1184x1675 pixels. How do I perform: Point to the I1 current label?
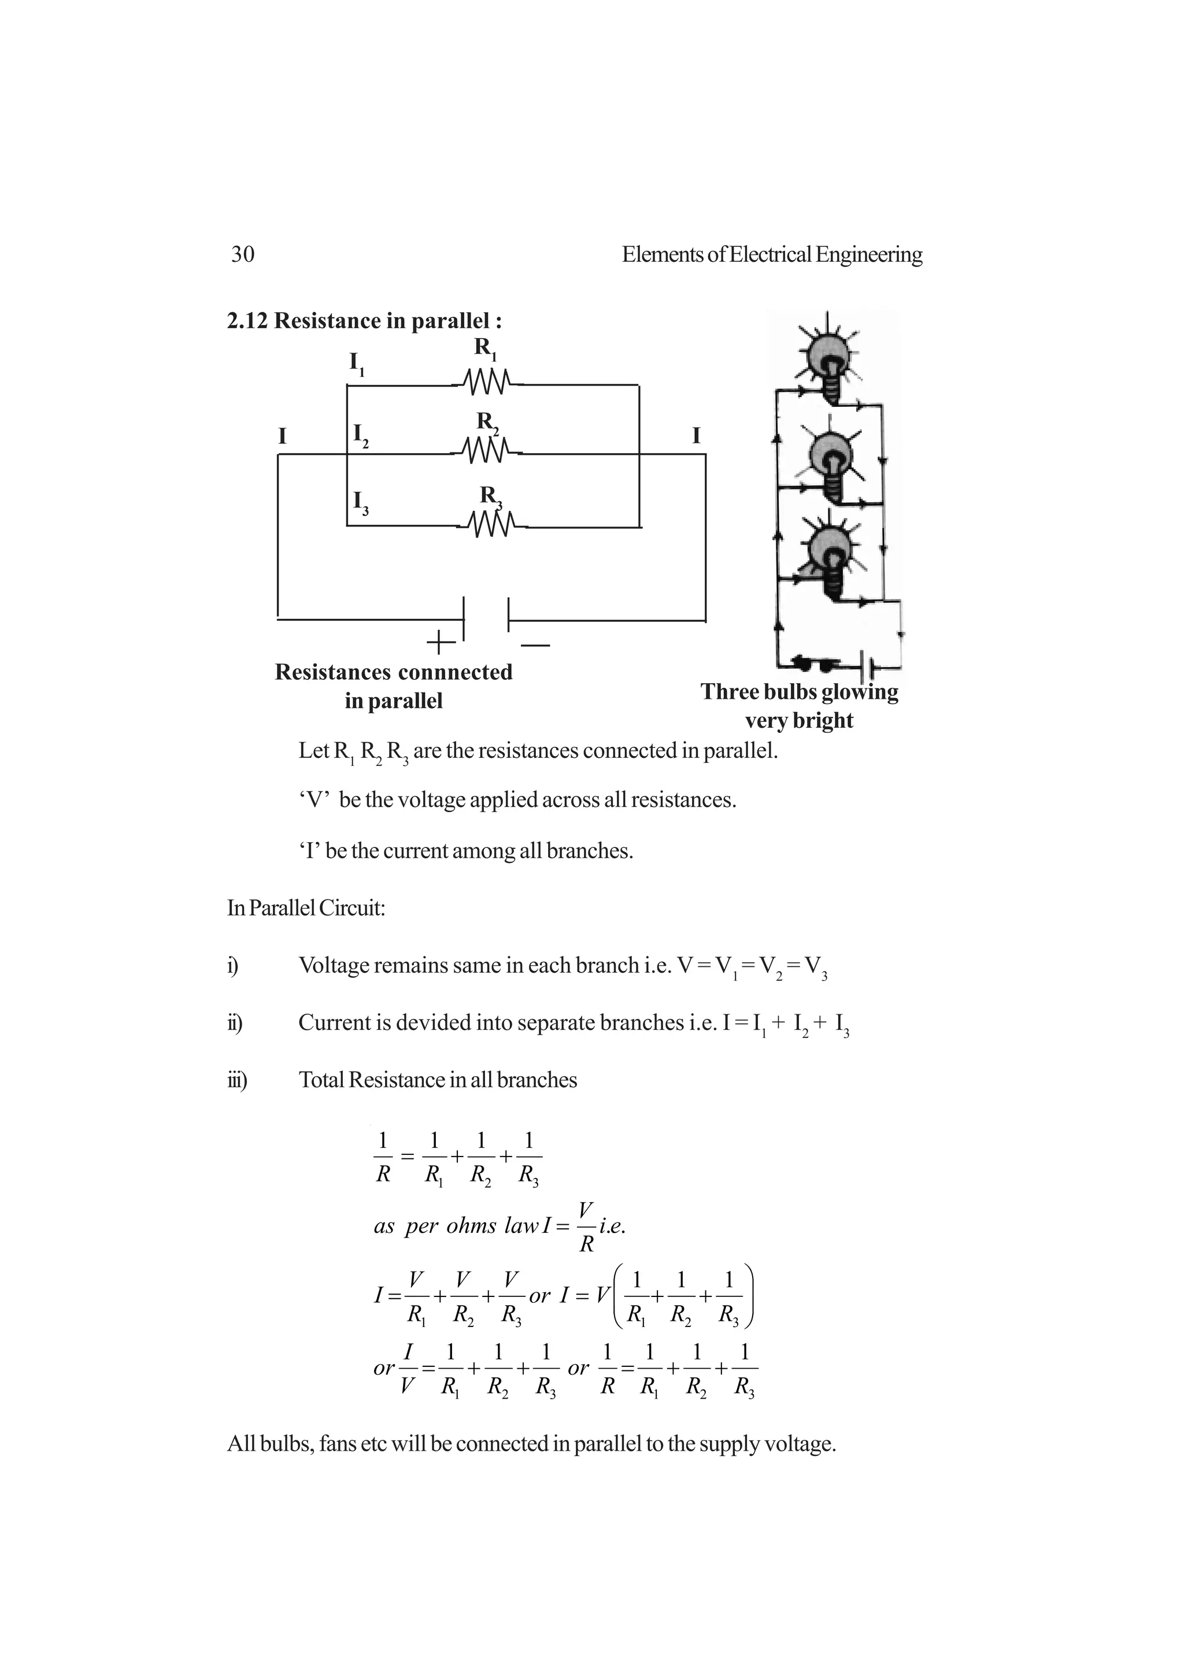click(x=357, y=364)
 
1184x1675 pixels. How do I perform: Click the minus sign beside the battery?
click(x=535, y=645)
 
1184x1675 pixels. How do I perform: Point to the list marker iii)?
click(x=236, y=1080)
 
